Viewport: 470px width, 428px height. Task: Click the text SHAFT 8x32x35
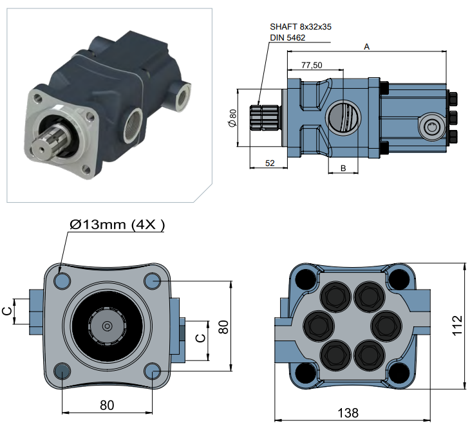point(301,27)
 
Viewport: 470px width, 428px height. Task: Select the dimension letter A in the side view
point(367,46)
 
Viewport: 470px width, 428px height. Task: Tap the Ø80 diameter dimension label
point(232,118)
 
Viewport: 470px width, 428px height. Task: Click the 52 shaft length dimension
point(270,163)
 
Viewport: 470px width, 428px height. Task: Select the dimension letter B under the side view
point(343,168)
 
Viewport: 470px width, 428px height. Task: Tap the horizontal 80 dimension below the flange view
point(107,405)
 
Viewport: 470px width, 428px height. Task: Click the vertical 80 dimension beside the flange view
point(224,326)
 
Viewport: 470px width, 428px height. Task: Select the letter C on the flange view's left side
point(7,311)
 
